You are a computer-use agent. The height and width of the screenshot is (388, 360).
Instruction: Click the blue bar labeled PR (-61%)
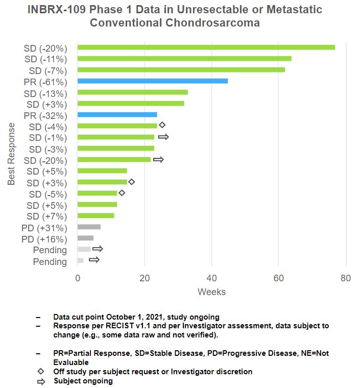click(x=152, y=81)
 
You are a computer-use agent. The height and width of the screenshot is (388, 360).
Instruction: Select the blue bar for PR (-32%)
click(x=117, y=115)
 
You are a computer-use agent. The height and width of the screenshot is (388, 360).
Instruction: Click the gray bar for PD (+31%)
click(x=89, y=227)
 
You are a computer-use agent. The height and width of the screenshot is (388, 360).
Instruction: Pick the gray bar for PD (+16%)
click(x=85, y=238)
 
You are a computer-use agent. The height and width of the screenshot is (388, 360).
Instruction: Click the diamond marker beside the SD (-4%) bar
click(x=162, y=125)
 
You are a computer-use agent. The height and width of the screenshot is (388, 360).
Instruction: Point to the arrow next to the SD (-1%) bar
click(x=163, y=137)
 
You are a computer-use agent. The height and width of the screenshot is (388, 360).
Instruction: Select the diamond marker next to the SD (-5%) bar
click(x=122, y=193)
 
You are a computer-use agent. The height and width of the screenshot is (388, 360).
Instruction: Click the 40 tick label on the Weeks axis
click(x=211, y=278)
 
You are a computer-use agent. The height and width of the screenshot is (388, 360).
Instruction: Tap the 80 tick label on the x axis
click(x=346, y=278)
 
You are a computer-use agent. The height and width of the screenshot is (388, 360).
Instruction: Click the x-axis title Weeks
click(x=211, y=292)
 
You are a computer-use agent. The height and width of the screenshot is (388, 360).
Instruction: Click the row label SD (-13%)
click(x=46, y=93)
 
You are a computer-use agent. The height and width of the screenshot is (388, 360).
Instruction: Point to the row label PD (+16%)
click(x=44, y=239)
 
